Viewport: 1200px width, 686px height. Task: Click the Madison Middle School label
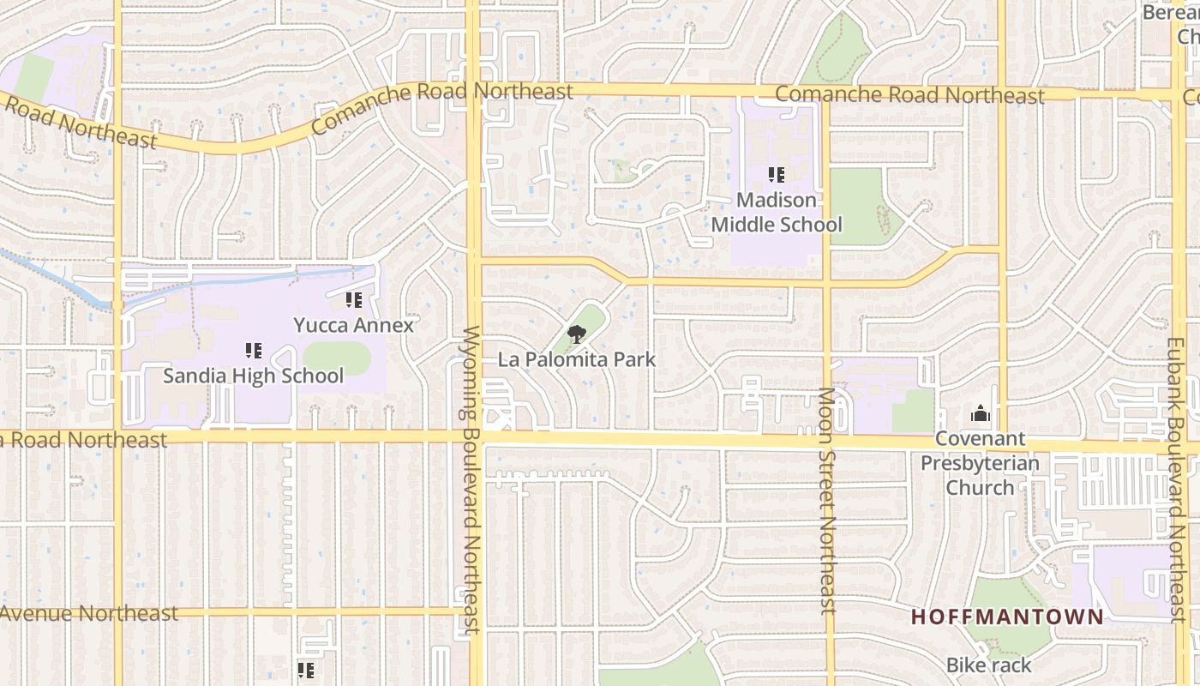[777, 213]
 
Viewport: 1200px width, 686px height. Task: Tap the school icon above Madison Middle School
[777, 176]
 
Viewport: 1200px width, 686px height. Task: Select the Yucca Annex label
[353, 326]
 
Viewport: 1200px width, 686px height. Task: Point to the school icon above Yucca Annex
[353, 300]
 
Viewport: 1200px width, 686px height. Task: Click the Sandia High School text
[254, 376]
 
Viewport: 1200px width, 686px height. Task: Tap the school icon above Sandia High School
[254, 351]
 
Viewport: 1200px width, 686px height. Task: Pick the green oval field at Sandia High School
[337, 358]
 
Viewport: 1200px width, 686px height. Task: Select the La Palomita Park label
[577, 359]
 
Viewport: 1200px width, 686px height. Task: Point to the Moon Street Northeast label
[827, 502]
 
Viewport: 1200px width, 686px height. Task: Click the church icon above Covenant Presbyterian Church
[981, 415]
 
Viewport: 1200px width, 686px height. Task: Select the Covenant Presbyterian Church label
[980, 463]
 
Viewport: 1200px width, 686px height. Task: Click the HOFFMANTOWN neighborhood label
[1007, 617]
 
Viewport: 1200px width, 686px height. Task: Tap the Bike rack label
[989, 665]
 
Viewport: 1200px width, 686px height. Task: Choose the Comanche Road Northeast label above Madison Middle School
[909, 95]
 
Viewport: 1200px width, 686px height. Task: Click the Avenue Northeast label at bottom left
[89, 613]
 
